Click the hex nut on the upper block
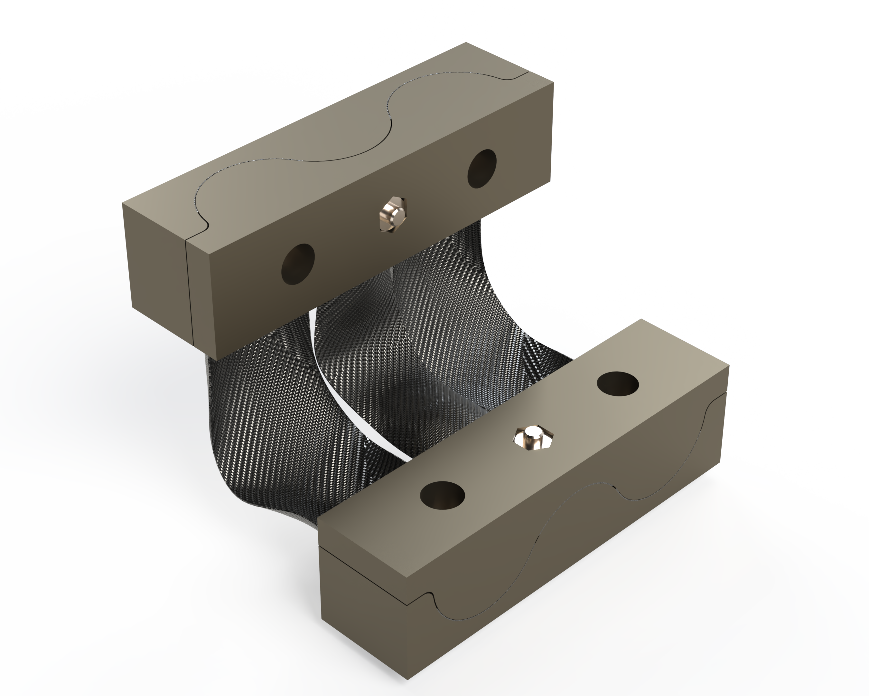[x=393, y=214]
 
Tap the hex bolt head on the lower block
[x=533, y=438]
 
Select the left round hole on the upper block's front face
[x=298, y=264]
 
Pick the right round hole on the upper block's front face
[x=482, y=169]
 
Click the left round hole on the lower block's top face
[x=442, y=495]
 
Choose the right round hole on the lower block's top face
[x=618, y=384]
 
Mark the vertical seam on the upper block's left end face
[x=190, y=291]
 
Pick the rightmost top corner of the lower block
[x=729, y=366]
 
